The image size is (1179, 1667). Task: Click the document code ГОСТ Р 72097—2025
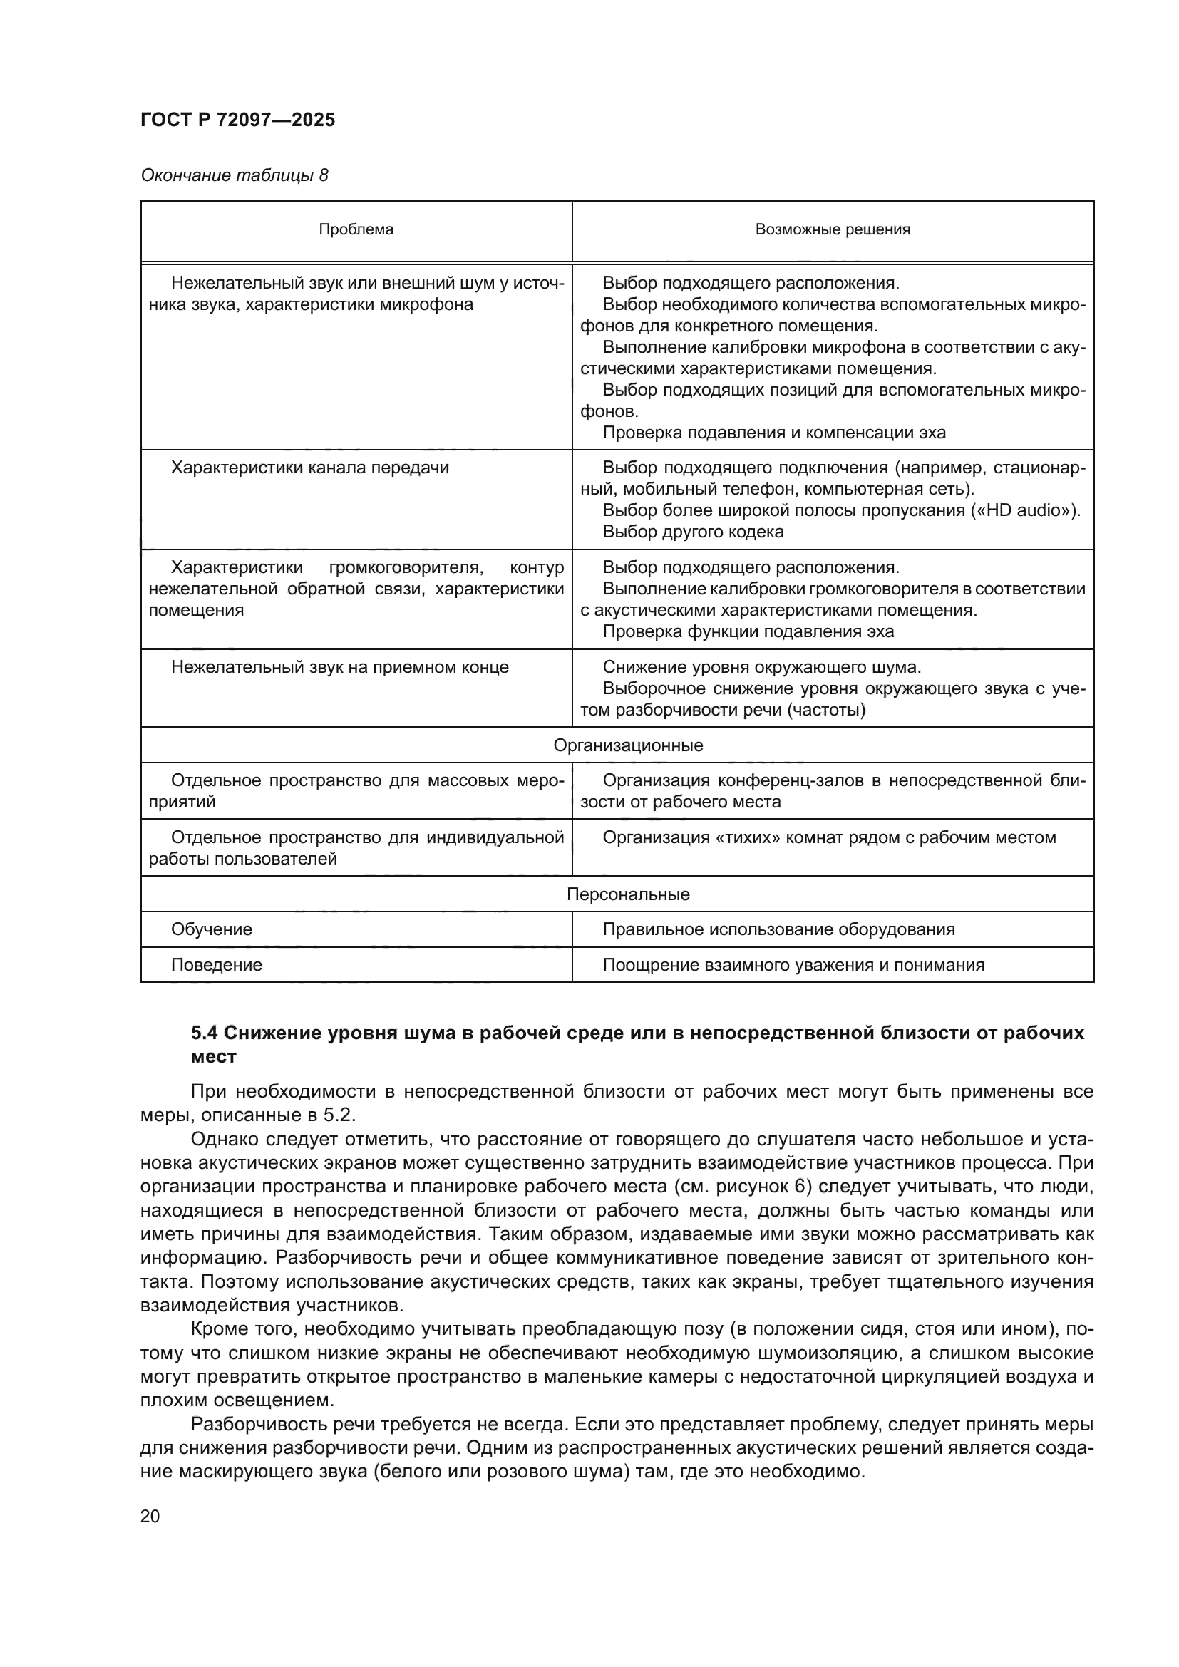point(237,120)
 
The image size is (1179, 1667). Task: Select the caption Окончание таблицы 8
point(234,175)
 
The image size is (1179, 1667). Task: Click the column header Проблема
point(356,229)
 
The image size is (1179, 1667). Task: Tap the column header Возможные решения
point(832,229)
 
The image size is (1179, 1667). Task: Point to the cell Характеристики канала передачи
point(309,468)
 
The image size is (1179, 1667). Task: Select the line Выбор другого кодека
point(693,532)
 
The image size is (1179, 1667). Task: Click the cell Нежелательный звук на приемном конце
point(339,667)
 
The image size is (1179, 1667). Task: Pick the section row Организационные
point(628,745)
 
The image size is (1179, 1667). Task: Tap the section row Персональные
point(628,894)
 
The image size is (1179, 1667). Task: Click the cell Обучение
point(211,929)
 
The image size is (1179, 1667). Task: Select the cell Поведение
point(217,965)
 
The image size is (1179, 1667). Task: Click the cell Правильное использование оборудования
point(778,929)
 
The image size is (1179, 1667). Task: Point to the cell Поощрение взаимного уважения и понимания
point(793,965)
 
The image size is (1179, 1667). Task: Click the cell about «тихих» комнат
point(828,837)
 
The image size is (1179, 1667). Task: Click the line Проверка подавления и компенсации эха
point(774,433)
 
